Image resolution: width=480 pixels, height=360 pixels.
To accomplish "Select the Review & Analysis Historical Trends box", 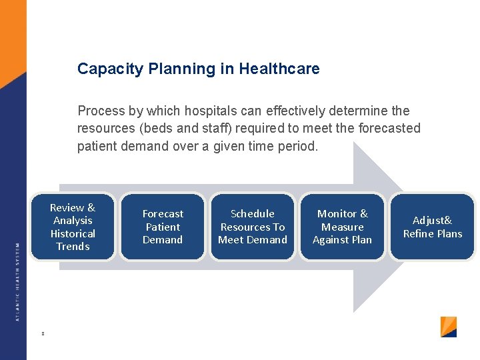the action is (73, 227).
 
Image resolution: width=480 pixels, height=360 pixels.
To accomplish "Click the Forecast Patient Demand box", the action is (163, 227).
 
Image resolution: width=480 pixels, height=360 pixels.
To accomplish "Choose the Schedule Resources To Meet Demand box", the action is (253, 227).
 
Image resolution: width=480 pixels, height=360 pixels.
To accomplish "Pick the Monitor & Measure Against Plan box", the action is (342, 227).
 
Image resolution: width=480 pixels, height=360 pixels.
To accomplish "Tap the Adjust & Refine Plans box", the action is (432, 227).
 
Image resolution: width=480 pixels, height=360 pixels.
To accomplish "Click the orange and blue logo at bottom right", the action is (449, 327).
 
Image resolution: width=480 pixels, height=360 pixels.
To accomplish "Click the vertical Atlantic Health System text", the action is (17, 280).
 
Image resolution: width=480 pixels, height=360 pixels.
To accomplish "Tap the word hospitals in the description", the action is (199, 111).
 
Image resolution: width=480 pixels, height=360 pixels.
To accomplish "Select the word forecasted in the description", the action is (387, 128).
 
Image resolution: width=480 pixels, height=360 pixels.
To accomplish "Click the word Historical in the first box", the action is (73, 233).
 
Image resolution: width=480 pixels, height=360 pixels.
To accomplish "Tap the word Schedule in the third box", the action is (253, 214).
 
